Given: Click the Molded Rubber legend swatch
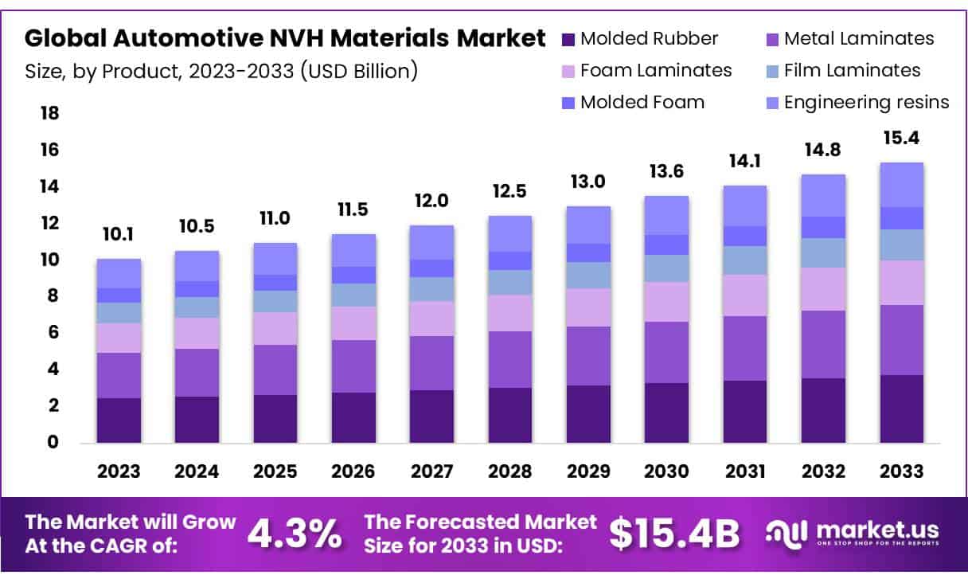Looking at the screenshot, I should (x=568, y=39).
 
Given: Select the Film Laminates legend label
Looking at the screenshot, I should (x=852, y=71).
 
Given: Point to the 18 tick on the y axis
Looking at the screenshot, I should (x=49, y=114).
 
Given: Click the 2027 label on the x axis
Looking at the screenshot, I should (x=432, y=471).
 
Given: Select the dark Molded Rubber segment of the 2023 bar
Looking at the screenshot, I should (x=119, y=420).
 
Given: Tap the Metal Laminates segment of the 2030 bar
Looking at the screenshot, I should (x=666, y=352).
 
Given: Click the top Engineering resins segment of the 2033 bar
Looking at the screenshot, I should (x=901, y=185).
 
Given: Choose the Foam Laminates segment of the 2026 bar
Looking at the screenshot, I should (x=353, y=323).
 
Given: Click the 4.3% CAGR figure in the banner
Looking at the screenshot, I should (x=294, y=534).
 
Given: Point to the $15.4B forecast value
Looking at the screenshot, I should (x=674, y=534).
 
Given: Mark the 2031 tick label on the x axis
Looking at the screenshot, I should (x=744, y=471).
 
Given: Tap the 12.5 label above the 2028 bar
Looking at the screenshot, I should (x=510, y=193).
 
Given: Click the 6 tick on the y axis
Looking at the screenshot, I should (x=49, y=333).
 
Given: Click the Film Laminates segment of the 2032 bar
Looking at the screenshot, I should (x=823, y=252).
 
